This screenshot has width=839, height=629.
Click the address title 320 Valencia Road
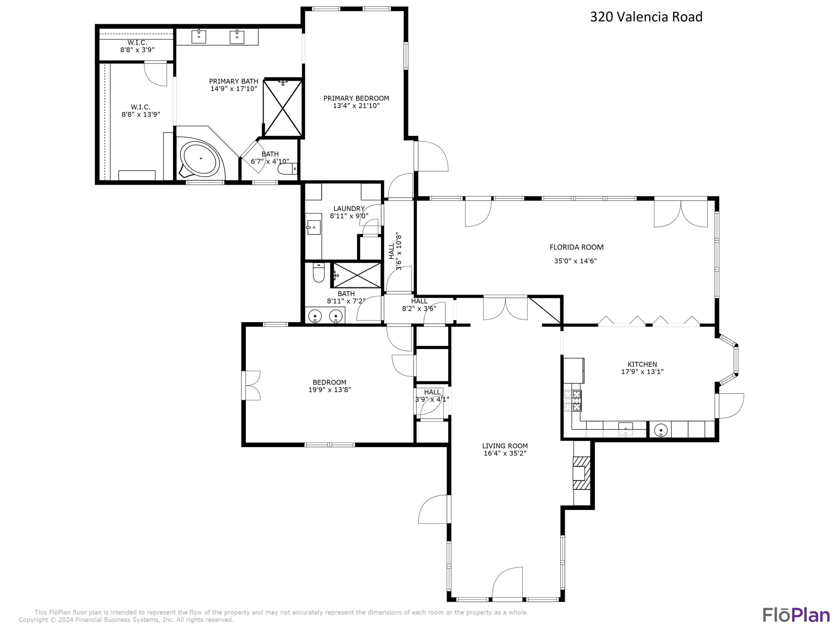click(646, 17)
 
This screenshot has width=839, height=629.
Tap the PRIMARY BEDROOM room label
click(356, 98)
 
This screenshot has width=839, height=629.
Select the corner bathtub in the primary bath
click(200, 159)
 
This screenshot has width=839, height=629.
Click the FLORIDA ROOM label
click(577, 247)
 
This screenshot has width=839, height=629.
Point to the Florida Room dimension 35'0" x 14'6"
click(575, 261)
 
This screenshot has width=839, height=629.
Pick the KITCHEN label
click(642, 364)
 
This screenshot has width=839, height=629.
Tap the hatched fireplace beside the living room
click(581, 473)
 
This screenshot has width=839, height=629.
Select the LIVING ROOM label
click(505, 446)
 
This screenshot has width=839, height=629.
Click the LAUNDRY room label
click(349, 209)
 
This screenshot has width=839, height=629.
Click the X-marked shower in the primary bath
click(283, 108)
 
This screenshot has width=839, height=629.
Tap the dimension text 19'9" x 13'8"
click(329, 389)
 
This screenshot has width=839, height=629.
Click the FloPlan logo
click(796, 615)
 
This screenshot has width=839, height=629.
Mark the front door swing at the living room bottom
click(507, 584)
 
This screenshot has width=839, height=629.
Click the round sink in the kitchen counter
click(661, 430)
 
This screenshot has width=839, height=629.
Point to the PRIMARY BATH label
click(234, 81)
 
